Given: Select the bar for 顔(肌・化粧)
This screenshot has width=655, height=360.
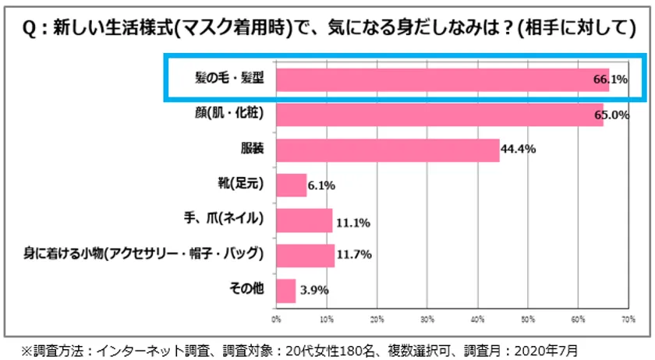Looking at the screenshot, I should point(439,115).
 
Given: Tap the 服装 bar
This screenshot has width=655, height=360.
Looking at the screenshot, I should point(388,150).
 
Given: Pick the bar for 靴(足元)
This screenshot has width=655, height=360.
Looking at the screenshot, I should point(291,185).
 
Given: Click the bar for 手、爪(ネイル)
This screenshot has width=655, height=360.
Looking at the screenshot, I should point(304,221).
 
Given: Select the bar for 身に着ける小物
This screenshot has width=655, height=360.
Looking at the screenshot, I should point(305,256).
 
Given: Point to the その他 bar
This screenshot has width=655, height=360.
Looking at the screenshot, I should point(285,291).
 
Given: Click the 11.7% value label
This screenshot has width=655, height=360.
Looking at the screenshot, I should point(353,256).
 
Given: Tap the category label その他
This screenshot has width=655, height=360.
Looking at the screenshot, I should point(248,288).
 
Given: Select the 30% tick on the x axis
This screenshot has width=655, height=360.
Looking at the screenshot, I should point(427,319).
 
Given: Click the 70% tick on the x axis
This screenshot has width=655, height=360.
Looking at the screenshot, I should point(628,319).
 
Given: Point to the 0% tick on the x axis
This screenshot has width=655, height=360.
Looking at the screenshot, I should point(276,319).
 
